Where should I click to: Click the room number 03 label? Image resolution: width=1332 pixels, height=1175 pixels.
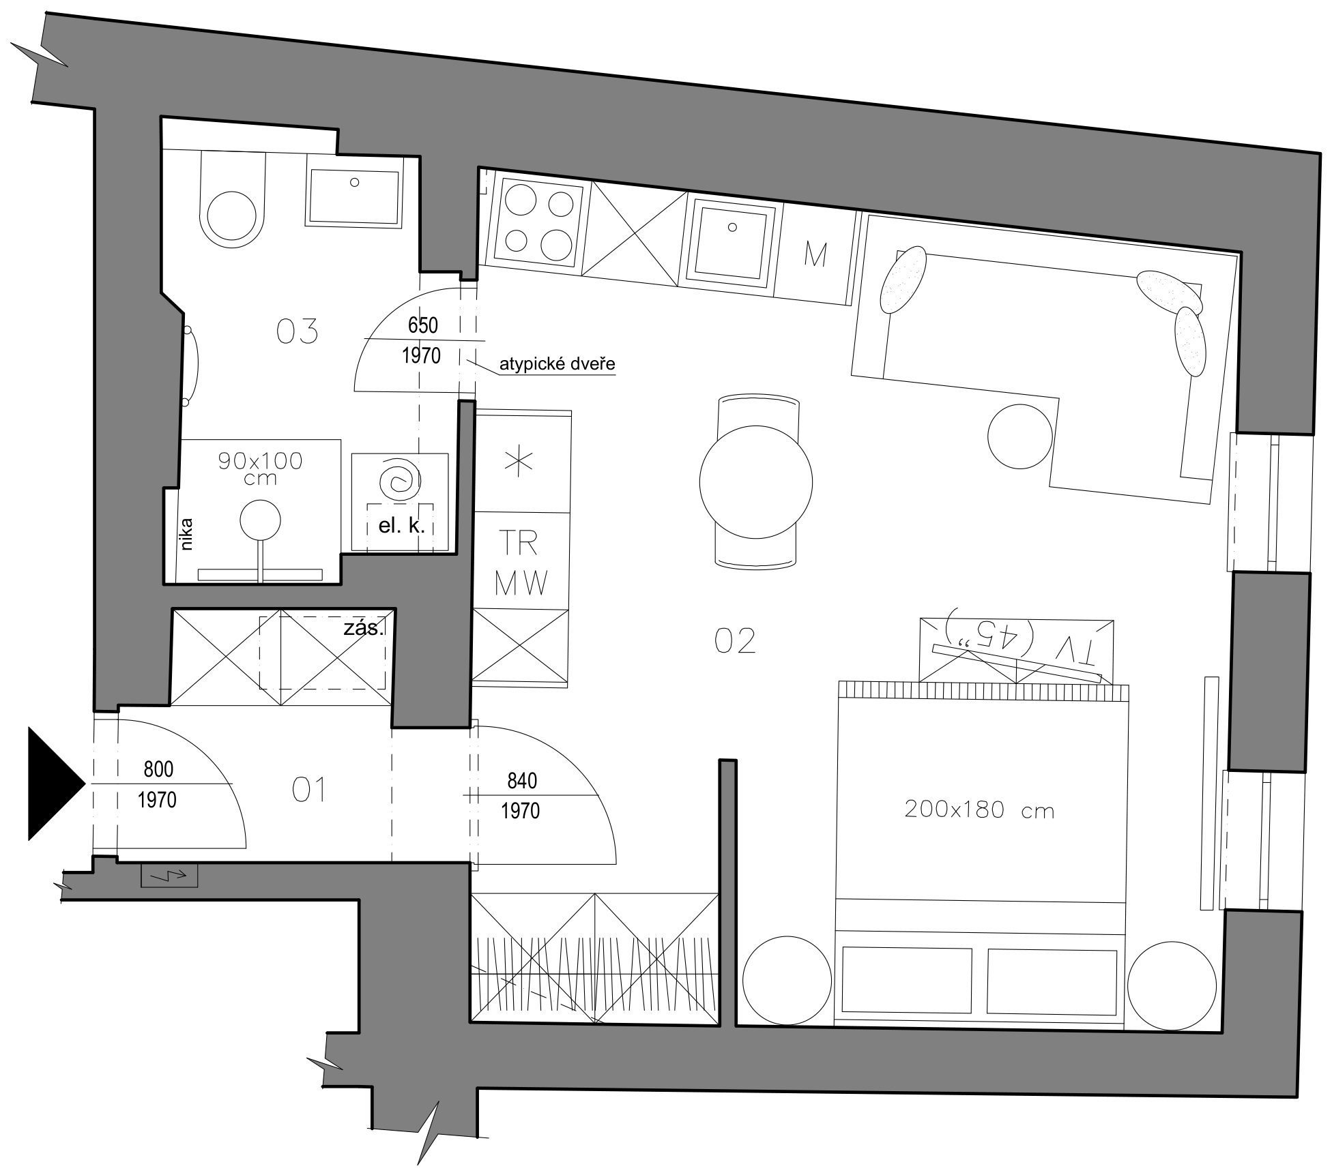(x=297, y=331)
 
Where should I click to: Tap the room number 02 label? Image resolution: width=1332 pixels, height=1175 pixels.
(x=735, y=641)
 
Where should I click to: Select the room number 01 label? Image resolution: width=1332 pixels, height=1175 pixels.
(x=308, y=790)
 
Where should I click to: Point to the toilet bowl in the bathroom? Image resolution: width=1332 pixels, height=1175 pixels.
(x=232, y=198)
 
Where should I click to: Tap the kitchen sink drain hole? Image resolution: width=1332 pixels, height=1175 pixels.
(x=734, y=226)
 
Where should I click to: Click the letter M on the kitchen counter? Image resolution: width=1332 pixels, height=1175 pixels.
(x=815, y=254)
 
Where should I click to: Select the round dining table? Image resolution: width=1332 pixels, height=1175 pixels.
(x=756, y=482)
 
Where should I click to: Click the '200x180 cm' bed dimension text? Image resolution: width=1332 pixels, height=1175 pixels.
(x=979, y=809)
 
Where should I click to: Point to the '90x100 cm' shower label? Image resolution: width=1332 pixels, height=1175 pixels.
(x=260, y=468)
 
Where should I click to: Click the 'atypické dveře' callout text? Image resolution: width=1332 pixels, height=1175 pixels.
(x=557, y=364)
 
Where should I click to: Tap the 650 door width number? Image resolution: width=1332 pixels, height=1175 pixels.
(x=422, y=325)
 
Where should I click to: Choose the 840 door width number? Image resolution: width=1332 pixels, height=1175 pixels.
(x=522, y=780)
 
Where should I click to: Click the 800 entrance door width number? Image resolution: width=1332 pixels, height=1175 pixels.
(x=158, y=769)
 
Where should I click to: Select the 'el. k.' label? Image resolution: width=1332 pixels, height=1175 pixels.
(x=401, y=526)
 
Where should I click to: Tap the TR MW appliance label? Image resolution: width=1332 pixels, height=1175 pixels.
(x=521, y=564)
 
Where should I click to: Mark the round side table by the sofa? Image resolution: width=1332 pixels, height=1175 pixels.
(x=1020, y=436)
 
